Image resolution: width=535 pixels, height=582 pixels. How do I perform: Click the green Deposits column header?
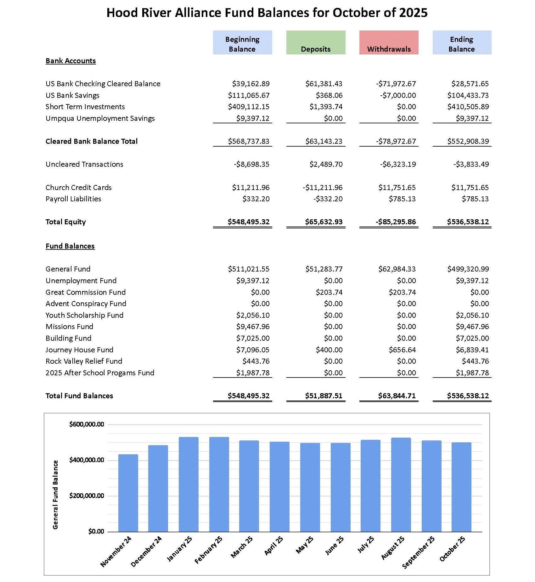pyautogui.click(x=316, y=42)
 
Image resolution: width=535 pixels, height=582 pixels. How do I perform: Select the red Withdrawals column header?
pyautogui.click(x=389, y=42)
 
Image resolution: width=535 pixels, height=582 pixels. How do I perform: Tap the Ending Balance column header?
pyautogui.click(x=462, y=42)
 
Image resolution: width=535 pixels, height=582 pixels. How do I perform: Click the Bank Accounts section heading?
pyautogui.click(x=70, y=61)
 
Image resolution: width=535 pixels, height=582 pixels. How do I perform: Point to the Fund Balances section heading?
pyautogui.click(x=70, y=246)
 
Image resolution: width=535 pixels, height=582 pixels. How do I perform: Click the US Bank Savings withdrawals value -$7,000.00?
pyautogui.click(x=398, y=95)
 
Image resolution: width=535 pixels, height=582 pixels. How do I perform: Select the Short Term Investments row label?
pyautogui.click(x=85, y=107)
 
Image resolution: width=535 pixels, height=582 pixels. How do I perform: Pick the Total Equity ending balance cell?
pyautogui.click(x=468, y=222)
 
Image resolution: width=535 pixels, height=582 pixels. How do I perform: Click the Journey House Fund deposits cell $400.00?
pyautogui.click(x=329, y=350)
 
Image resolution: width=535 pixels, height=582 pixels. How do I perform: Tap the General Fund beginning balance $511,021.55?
pyautogui.click(x=249, y=269)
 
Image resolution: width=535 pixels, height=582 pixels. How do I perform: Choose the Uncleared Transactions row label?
pyautogui.click(x=84, y=164)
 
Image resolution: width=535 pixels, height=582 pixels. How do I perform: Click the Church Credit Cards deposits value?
pyautogui.click(x=323, y=187)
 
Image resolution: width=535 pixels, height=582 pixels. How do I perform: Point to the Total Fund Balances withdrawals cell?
pyautogui.click(x=397, y=396)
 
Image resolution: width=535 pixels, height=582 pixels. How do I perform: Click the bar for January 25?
pyautogui.click(x=189, y=484)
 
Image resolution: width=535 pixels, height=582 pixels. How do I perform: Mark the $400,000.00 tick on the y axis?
pyautogui.click(x=87, y=460)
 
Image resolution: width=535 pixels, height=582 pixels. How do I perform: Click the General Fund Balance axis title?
pyautogui.click(x=55, y=495)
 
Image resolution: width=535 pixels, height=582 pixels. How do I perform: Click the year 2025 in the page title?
pyautogui.click(x=413, y=13)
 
